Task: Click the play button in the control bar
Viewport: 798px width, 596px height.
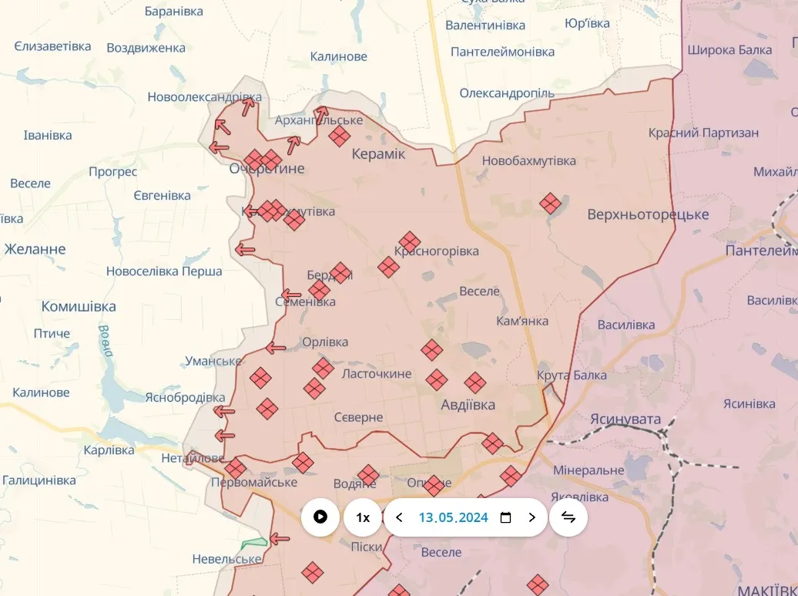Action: [320, 517]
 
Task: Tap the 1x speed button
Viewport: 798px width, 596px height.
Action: [363, 517]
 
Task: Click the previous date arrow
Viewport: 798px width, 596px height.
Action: [399, 517]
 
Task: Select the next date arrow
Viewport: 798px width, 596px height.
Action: [531, 517]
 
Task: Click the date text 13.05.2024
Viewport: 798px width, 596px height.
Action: [453, 517]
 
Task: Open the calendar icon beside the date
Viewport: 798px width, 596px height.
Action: [505, 517]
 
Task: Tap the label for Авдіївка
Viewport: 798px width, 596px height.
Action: [468, 405]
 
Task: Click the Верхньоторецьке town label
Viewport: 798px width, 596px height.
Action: [648, 214]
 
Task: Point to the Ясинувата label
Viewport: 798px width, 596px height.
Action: [625, 419]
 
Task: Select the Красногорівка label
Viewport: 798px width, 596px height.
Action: [437, 251]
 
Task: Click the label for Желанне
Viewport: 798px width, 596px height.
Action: [35, 249]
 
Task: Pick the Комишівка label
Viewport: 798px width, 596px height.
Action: [79, 306]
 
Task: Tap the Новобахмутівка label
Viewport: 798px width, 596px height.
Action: [528, 161]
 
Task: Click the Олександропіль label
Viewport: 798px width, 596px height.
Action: [507, 93]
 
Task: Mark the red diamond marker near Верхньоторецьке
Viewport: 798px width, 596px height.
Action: [549, 204]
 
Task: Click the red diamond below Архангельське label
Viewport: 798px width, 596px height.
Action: [339, 136]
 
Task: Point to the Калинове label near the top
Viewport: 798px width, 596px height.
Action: [339, 56]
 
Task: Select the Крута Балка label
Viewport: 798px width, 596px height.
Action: [572, 375]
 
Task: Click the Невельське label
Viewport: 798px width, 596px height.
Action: [226, 559]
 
